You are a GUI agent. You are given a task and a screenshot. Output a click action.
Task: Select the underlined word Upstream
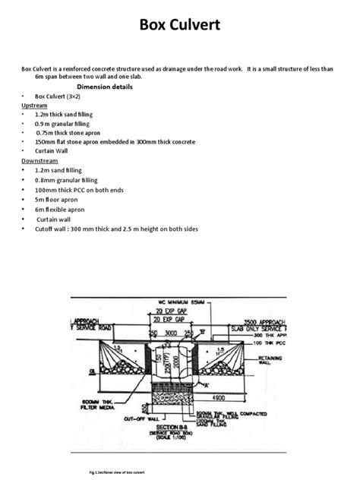tap(35, 106)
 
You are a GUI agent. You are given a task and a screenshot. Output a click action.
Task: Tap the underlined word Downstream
tap(40, 160)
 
